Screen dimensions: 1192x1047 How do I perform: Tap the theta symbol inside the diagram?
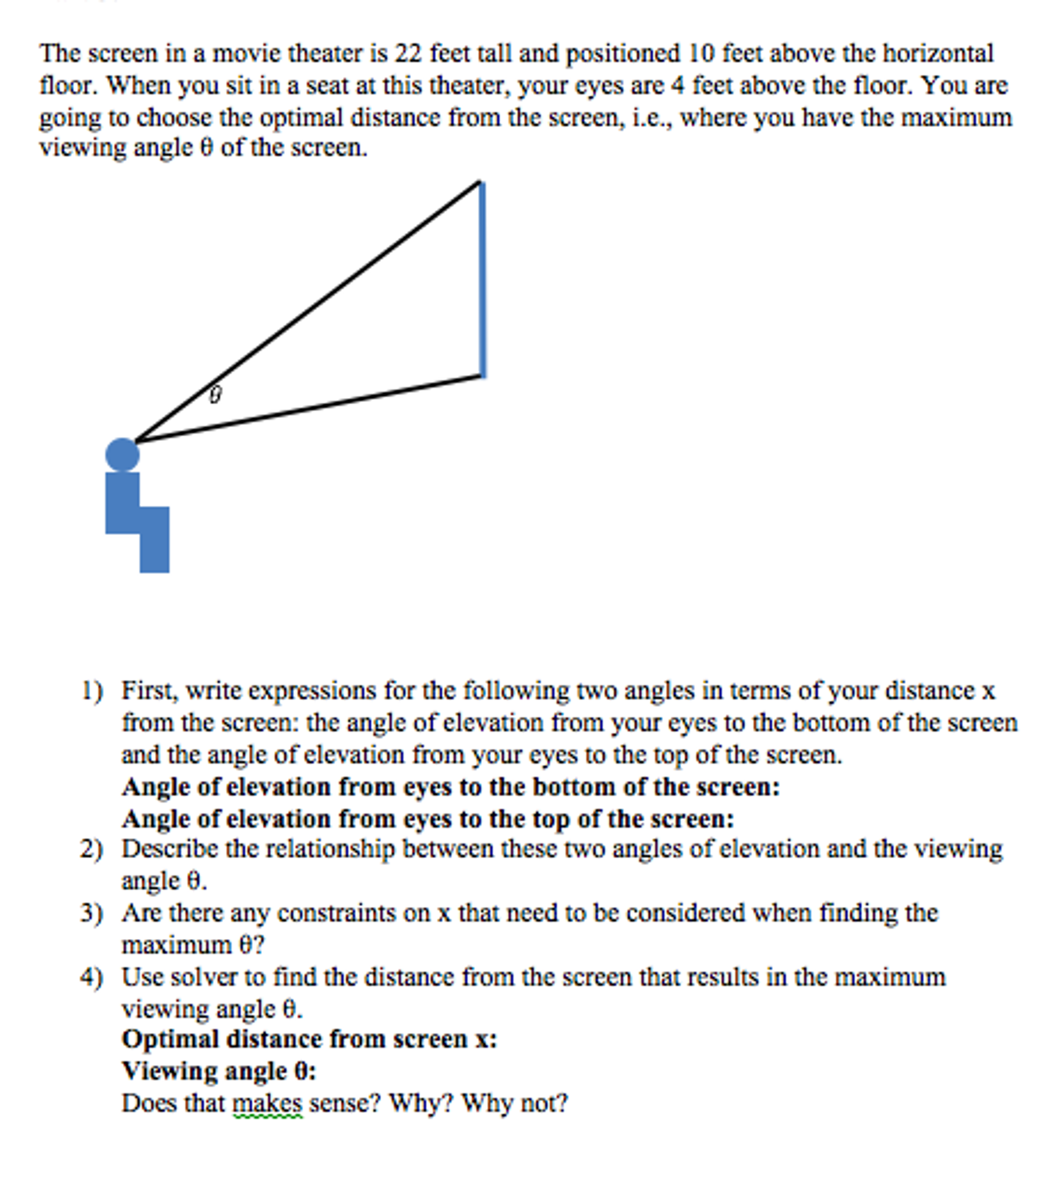(x=215, y=394)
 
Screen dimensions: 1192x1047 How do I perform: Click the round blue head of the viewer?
(x=122, y=455)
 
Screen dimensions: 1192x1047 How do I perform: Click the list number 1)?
(x=91, y=690)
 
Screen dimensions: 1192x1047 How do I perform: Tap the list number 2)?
(x=91, y=848)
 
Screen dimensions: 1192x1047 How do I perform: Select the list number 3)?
(x=91, y=913)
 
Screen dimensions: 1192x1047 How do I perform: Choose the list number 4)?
(x=91, y=977)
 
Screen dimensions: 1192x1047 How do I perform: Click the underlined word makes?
(x=268, y=1103)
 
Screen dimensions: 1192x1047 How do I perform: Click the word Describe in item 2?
(x=169, y=848)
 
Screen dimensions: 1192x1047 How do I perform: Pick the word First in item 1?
(x=148, y=690)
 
